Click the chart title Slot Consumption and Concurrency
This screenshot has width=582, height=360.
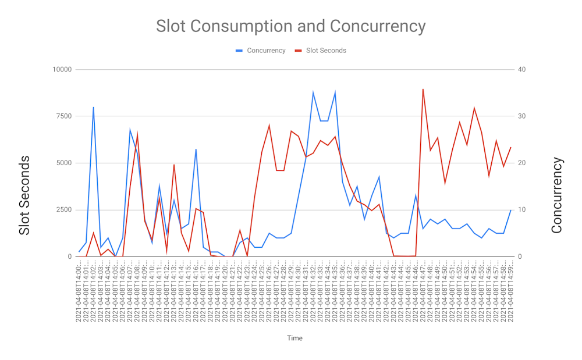[x=290, y=26]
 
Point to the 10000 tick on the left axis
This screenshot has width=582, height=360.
[x=62, y=70]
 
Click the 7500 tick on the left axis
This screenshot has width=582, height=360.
[x=63, y=116]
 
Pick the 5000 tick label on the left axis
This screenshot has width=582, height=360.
[x=63, y=163]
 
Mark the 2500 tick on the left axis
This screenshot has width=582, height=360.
[x=63, y=210]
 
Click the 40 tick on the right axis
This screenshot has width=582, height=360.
[x=521, y=70]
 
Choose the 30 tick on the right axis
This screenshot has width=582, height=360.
[x=521, y=116]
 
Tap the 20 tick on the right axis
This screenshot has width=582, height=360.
[x=521, y=163]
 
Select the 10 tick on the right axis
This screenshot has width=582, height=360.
[x=521, y=210]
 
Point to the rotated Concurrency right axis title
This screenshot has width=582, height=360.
[x=557, y=195]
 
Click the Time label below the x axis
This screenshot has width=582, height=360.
[x=294, y=338]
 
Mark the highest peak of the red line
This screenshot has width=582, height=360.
[x=423, y=89]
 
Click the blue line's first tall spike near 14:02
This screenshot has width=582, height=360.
[x=93, y=107]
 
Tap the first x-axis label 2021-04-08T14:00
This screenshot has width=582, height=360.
[x=79, y=290]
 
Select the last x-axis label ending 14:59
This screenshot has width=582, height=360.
[x=511, y=290]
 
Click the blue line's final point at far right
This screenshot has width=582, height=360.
[x=511, y=210]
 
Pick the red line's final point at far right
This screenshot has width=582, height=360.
[x=511, y=147]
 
